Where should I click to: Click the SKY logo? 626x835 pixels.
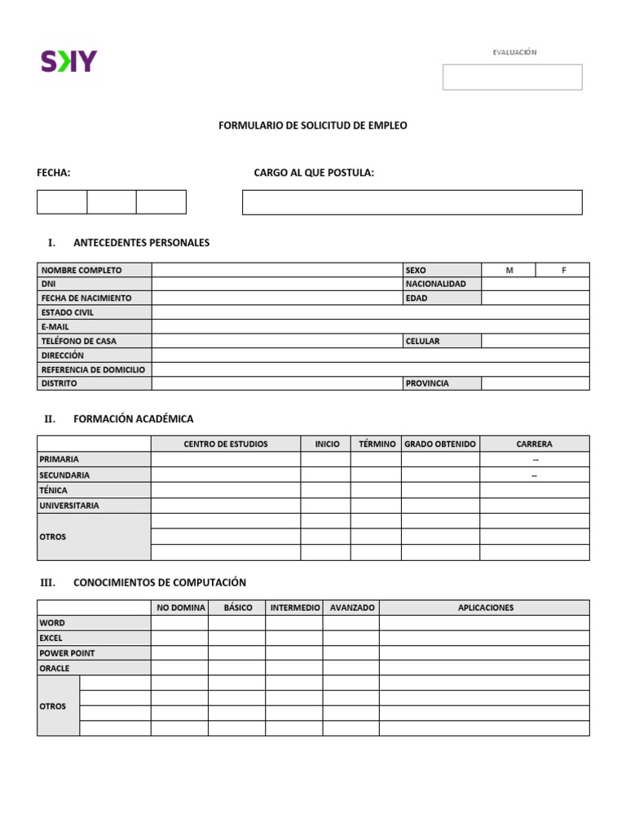(68, 61)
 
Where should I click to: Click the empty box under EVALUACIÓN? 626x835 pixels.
(512, 77)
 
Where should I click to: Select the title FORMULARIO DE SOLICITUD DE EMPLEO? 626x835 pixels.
(313, 126)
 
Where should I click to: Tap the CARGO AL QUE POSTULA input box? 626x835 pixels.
(412, 202)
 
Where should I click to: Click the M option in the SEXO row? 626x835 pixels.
(509, 270)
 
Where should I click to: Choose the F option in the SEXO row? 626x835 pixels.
(562, 270)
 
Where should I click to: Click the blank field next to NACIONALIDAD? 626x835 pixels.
(535, 284)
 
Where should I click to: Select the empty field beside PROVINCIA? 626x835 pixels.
(535, 383)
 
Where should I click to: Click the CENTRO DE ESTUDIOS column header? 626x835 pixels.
(226, 444)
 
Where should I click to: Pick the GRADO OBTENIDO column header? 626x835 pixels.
(440, 444)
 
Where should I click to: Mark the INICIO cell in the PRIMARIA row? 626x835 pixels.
(325, 459)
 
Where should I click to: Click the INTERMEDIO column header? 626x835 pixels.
(294, 607)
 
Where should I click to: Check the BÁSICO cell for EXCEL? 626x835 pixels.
(236, 638)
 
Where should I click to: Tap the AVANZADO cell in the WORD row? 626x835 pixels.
(350, 623)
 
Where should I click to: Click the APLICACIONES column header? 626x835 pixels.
(485, 607)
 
